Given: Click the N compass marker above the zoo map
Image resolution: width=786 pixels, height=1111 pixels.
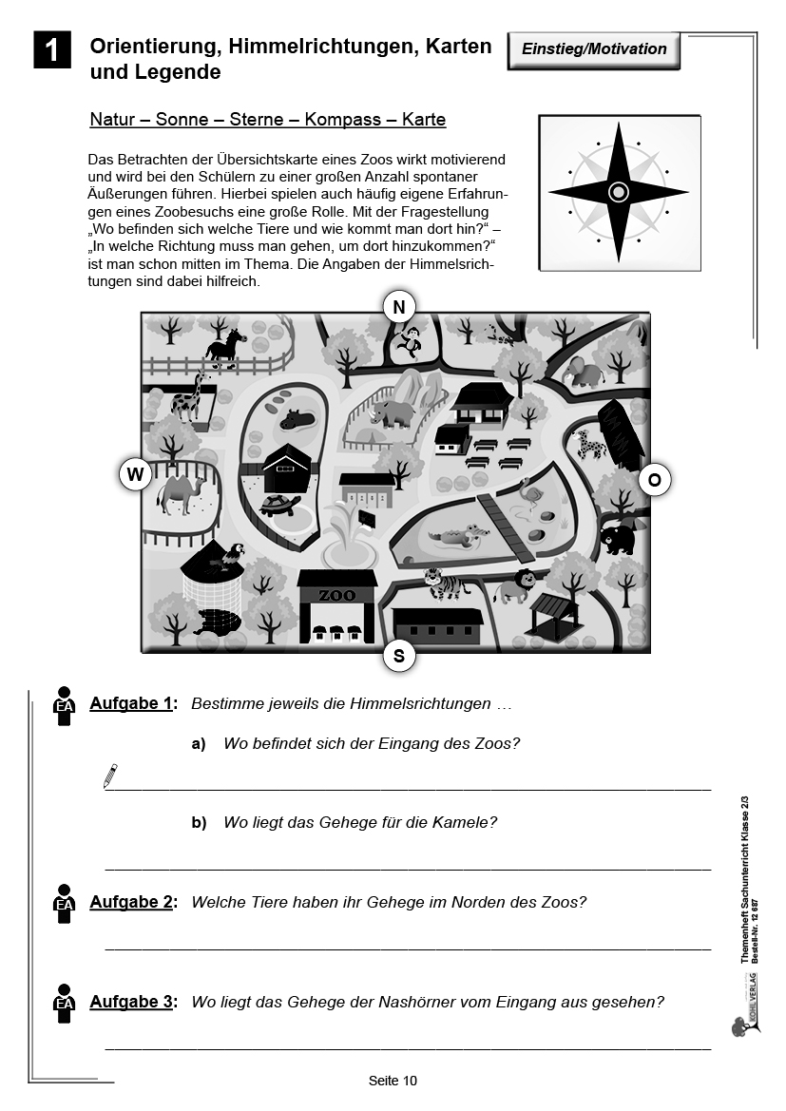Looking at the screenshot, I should (x=399, y=306).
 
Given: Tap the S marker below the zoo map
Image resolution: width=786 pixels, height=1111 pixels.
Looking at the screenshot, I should (x=399, y=655).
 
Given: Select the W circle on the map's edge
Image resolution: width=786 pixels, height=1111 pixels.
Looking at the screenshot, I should (x=135, y=473).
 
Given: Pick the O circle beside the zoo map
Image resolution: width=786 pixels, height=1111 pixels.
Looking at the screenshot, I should (x=654, y=480).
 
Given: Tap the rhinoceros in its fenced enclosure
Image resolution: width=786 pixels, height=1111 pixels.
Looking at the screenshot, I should (x=394, y=412).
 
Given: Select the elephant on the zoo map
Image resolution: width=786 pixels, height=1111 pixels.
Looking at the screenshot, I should (x=585, y=371).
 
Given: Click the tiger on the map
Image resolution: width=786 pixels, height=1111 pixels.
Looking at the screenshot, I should (x=444, y=583).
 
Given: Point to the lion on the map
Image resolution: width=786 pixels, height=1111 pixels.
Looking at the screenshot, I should (x=512, y=585).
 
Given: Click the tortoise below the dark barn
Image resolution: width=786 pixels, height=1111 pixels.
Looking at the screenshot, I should (x=280, y=506).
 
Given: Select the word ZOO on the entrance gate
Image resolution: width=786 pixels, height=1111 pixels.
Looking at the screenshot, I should (x=336, y=595).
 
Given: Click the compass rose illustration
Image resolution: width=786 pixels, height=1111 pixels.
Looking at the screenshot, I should (x=618, y=192).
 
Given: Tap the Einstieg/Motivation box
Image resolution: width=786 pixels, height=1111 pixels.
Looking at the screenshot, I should (x=594, y=49).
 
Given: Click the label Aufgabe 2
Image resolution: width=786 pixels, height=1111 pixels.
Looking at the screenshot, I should (x=132, y=902).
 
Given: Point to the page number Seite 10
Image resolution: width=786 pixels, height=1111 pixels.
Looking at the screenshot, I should (x=393, y=1080).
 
